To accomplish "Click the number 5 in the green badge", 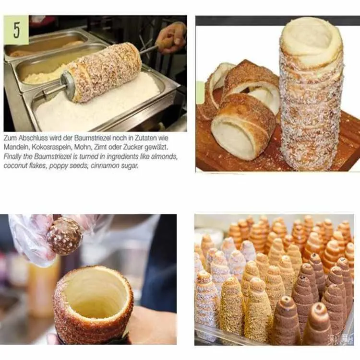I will pyautogui.click(x=17, y=30).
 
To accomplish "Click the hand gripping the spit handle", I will pyautogui.click(x=172, y=36).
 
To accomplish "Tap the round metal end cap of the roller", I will pyautogui.click(x=68, y=85).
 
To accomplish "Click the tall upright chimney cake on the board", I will pyautogui.click(x=311, y=96).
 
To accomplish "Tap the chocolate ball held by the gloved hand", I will pyautogui.click(x=64, y=235).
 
